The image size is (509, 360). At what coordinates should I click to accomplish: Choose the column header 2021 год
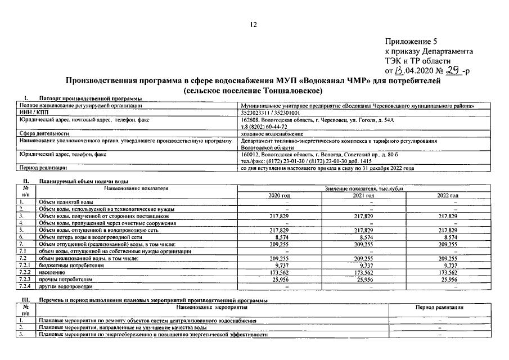click(x=363, y=195)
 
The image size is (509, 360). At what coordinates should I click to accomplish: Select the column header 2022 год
click(x=448, y=195)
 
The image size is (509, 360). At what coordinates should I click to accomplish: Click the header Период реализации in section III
click(x=439, y=307)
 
